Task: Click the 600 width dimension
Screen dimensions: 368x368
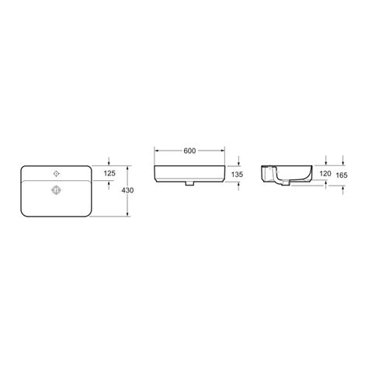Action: pyautogui.click(x=189, y=151)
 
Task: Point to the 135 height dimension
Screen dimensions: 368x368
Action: pyautogui.click(x=238, y=175)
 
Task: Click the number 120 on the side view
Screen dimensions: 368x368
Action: pyautogui.click(x=326, y=175)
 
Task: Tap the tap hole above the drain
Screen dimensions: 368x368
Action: pyautogui.click(x=56, y=172)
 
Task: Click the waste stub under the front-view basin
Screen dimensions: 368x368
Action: pyautogui.click(x=189, y=186)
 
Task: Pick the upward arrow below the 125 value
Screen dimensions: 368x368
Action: pyautogui.click(x=108, y=183)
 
